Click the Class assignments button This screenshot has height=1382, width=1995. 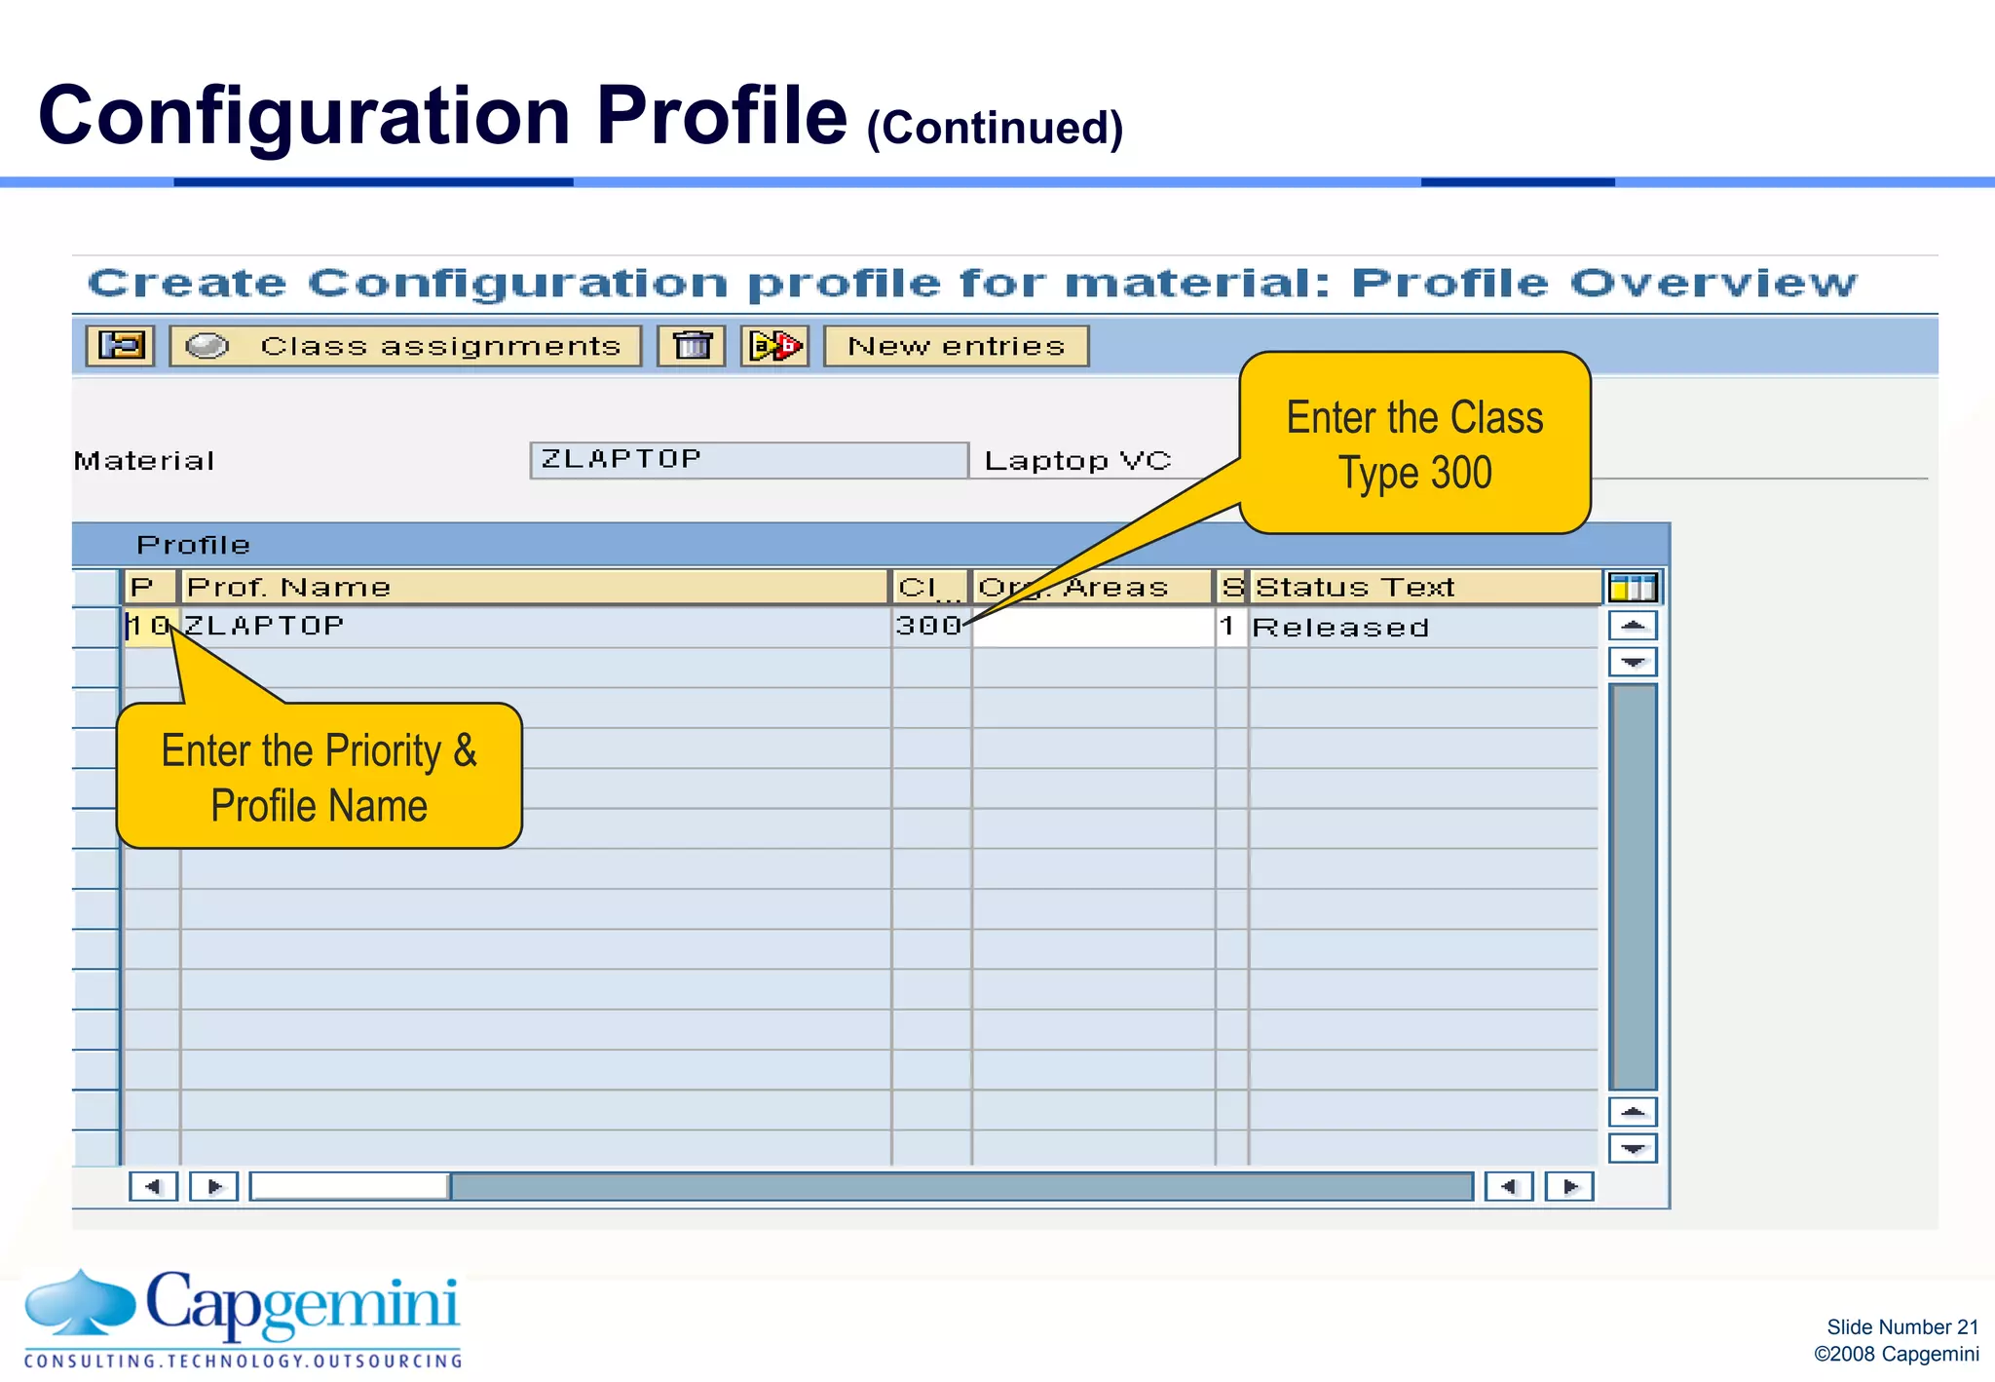click(405, 346)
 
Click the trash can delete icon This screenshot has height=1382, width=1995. click(692, 346)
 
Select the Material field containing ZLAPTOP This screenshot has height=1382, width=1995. click(748, 460)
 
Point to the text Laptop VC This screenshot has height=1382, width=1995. click(1077, 461)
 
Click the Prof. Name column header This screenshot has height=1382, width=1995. click(534, 587)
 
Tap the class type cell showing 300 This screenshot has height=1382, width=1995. click(929, 626)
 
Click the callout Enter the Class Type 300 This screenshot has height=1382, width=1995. click(1414, 444)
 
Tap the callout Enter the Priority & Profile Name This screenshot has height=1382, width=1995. click(320, 778)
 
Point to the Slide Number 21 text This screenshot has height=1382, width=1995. click(1901, 1326)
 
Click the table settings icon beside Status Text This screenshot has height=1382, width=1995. click(1633, 588)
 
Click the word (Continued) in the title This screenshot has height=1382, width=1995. click(995, 129)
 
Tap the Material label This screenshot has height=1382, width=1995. click(144, 461)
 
